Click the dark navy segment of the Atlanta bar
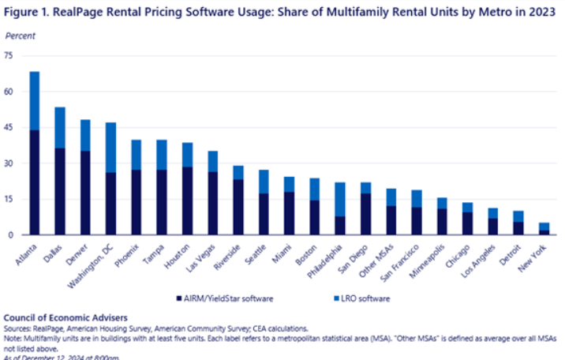click(35, 182)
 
